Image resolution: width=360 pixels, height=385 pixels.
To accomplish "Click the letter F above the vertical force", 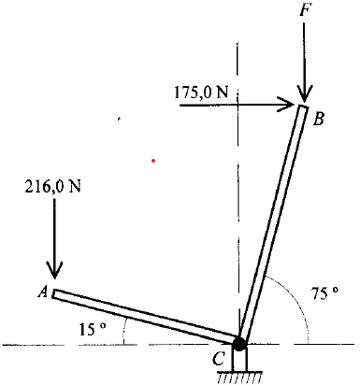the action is click(305, 10).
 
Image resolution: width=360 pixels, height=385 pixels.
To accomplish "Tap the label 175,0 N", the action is click(201, 93).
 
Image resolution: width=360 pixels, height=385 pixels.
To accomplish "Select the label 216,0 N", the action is click(52, 186).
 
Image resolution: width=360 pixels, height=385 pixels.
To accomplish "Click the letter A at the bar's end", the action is click(43, 292).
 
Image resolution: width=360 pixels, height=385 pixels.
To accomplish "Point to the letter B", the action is click(319, 119).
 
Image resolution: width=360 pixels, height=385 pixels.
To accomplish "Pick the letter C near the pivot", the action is click(219, 359).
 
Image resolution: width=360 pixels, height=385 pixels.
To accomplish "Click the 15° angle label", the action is click(93, 329).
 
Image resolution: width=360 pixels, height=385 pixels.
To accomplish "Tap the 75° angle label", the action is click(324, 293).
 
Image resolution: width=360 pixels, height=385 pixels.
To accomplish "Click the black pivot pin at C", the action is click(239, 343).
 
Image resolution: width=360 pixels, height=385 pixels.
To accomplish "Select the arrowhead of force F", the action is click(304, 95).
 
